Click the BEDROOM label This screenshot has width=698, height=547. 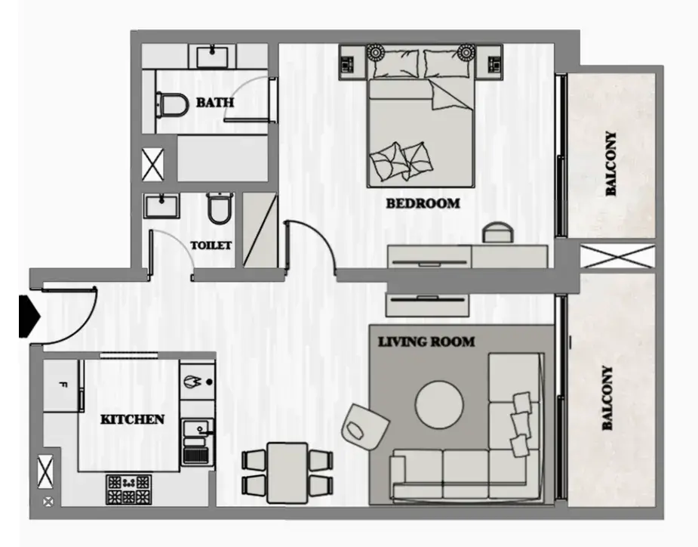pos(423,204)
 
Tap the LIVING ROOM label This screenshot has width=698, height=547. pos(426,342)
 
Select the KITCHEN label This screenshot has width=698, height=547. pos(132,419)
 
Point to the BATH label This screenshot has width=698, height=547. pos(215,103)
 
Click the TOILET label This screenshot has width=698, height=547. pos(211,246)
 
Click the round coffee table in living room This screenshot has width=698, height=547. pos(439,405)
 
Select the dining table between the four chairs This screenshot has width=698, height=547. pos(288,472)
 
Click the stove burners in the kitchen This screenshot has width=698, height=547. pos(128,490)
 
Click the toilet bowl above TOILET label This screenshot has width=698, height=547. pos(220,209)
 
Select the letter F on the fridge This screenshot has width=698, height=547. pos(63,385)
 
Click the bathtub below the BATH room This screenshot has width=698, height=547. pos(223,158)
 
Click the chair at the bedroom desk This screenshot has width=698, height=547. pos(499,233)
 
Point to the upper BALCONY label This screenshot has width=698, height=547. pos(611,164)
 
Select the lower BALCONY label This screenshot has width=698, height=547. pos(607,398)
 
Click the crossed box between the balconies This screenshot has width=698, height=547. pos(618,256)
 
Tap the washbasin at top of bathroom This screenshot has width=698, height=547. pos(212,56)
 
